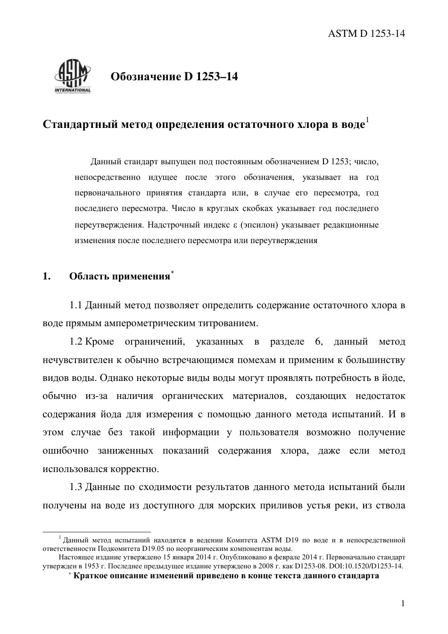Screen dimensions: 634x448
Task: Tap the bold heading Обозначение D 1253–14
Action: [x=174, y=76]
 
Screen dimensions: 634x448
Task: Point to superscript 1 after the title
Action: [x=367, y=121]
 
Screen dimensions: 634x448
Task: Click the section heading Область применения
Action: [x=119, y=277]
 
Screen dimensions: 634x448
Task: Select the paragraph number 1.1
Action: [x=76, y=305]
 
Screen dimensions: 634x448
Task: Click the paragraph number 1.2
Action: [x=76, y=341]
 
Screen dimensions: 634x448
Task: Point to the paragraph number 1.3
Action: [x=76, y=487]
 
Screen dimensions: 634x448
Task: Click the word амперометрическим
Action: [x=146, y=323]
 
